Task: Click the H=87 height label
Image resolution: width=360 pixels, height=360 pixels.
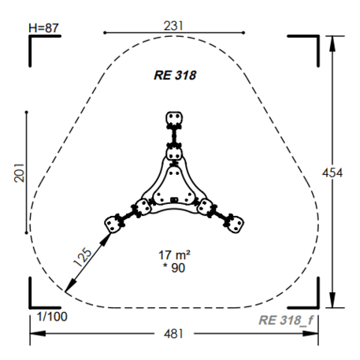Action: pyautogui.click(x=43, y=28)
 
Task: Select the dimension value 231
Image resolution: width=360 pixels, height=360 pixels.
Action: pyautogui.click(x=173, y=26)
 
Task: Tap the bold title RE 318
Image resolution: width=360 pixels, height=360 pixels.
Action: pyautogui.click(x=175, y=76)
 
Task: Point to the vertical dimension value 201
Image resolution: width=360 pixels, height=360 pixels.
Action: pyautogui.click(x=19, y=173)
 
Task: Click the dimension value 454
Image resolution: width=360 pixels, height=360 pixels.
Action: pyautogui.click(x=332, y=173)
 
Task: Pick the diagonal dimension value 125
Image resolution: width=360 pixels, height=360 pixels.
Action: pyautogui.click(x=82, y=257)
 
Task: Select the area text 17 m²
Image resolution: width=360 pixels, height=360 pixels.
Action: pyautogui.click(x=174, y=255)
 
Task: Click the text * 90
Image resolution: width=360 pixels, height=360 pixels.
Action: pyautogui.click(x=174, y=268)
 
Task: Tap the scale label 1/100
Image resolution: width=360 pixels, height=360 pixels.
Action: pyautogui.click(x=52, y=317)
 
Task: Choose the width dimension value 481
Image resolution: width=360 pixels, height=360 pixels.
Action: pyautogui.click(x=173, y=334)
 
